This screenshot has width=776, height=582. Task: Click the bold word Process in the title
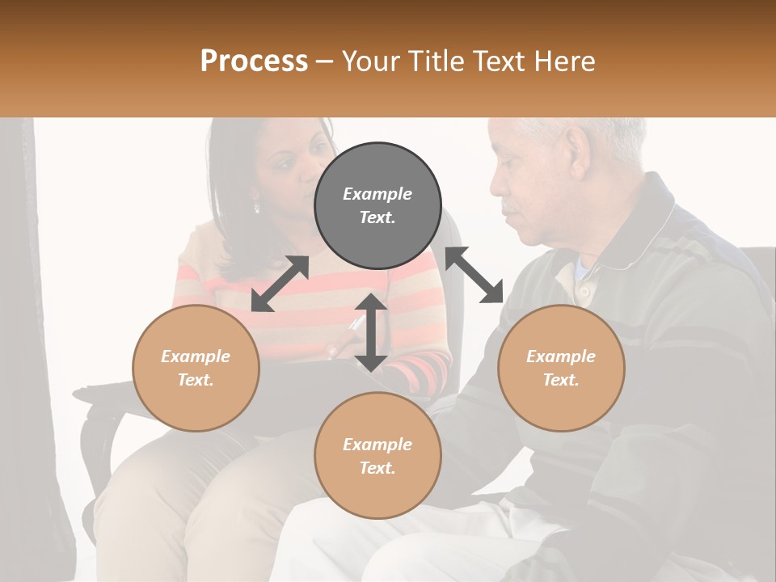click(x=254, y=61)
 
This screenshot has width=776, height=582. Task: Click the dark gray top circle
click(x=377, y=205)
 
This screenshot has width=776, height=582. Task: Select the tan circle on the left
click(x=196, y=368)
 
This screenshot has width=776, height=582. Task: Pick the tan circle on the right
click(x=561, y=368)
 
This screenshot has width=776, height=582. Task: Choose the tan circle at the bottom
click(x=377, y=455)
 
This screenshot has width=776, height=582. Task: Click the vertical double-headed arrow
click(x=371, y=332)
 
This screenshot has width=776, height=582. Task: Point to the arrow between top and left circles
click(x=280, y=283)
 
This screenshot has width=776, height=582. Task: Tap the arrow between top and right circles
click(x=474, y=275)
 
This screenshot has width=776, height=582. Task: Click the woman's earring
click(x=257, y=207)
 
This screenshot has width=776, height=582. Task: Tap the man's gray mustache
click(x=512, y=212)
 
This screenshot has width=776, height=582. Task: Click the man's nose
click(x=498, y=193)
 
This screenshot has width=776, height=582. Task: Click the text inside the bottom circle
click(x=377, y=456)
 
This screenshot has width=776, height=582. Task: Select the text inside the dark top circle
click(x=377, y=205)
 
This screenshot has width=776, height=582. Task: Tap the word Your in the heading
click(x=371, y=61)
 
